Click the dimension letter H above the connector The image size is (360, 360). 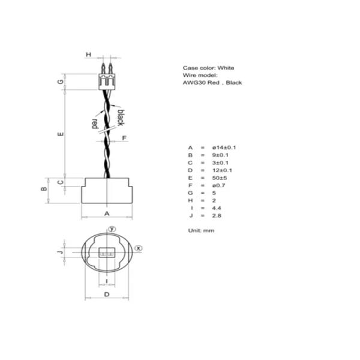click(88, 55)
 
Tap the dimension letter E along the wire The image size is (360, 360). click(61, 134)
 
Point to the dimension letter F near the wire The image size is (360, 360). click(124, 138)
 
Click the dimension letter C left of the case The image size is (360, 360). click(61, 182)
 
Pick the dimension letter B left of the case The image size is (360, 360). click(43, 189)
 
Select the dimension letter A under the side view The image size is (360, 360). click(107, 213)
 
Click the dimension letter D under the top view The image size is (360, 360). click(107, 294)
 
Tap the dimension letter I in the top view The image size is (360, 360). click(107, 280)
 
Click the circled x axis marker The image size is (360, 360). click(139, 247)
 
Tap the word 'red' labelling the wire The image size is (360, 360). click(94, 123)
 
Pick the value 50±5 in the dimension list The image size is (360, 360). click(220, 178)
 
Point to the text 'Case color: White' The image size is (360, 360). click(208, 68)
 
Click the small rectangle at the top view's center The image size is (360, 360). click(107, 254)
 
